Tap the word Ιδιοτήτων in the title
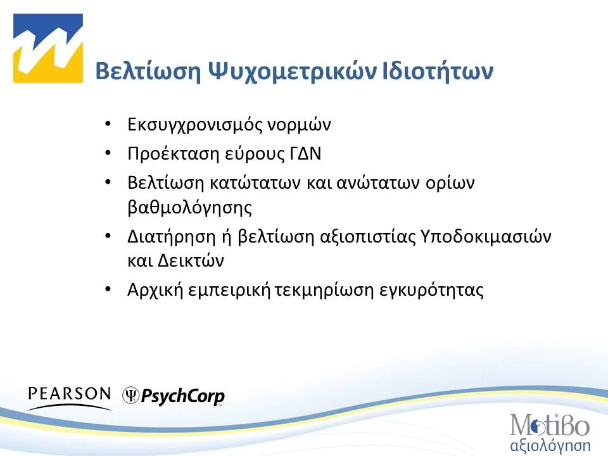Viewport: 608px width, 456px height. tap(438, 72)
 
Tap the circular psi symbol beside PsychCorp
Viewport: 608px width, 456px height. tap(131, 396)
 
